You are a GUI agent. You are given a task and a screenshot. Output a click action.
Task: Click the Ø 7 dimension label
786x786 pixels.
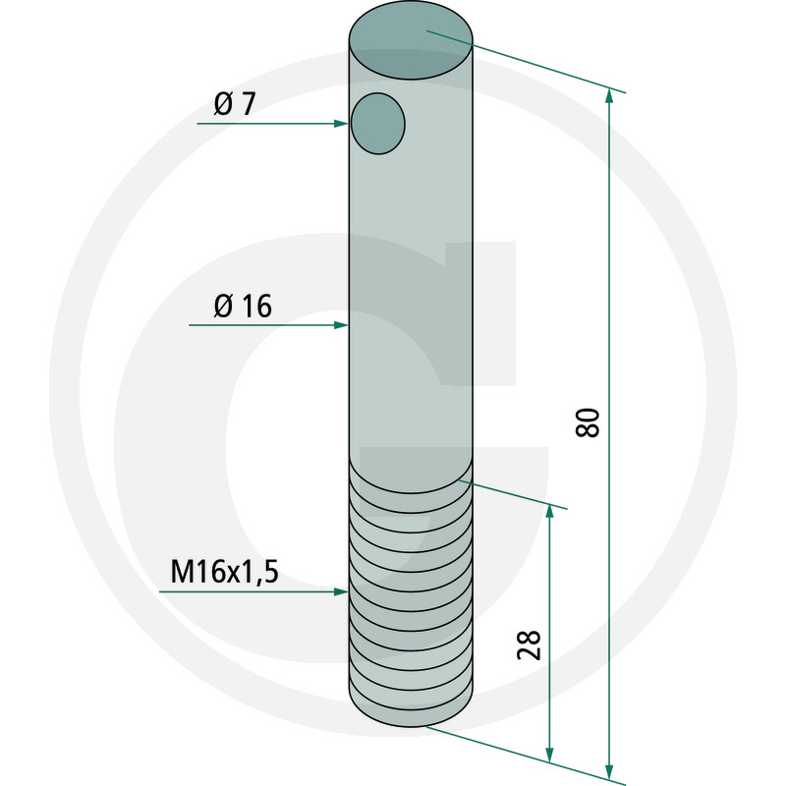click(233, 104)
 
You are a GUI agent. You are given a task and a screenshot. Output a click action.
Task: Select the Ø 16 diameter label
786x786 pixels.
click(242, 307)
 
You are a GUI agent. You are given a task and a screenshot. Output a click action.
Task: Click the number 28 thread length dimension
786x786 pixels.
click(528, 646)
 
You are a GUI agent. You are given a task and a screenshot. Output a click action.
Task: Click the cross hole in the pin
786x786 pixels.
click(378, 123)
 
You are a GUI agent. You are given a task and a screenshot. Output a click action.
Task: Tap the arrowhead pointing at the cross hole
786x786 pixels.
click(343, 123)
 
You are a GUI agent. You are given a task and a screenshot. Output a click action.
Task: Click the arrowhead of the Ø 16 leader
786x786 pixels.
click(343, 324)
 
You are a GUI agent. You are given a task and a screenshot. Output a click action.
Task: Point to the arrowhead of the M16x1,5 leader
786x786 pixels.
click(343, 591)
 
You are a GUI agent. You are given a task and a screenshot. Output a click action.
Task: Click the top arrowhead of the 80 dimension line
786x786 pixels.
click(610, 95)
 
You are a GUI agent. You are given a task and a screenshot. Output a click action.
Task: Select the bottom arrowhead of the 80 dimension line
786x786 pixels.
click(610, 770)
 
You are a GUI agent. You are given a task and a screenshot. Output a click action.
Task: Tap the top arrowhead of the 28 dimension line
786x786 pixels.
click(549, 510)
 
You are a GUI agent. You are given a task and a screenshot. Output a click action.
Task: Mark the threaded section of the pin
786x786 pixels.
click(413, 599)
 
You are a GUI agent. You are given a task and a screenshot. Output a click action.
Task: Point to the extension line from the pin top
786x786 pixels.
click(531, 64)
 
